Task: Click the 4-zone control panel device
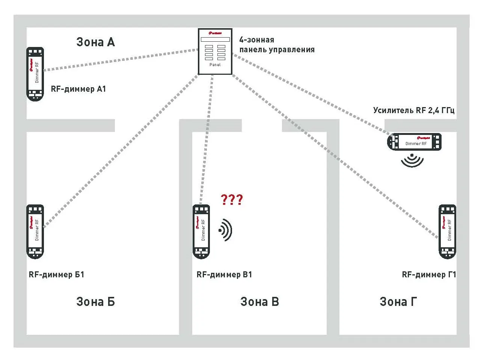[215, 51]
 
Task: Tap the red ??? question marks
[232, 199]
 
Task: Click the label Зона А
[95, 42]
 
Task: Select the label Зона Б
[95, 301]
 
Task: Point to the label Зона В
[259, 301]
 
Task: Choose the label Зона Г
[398, 301]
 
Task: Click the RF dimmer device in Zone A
[35, 74]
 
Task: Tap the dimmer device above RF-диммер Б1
[35, 231]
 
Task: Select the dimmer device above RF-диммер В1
[201, 231]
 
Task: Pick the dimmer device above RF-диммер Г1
[447, 231]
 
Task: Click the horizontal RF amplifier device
[415, 142]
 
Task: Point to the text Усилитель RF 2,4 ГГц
[414, 110]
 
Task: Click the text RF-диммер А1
[78, 89]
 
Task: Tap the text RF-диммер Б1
[57, 274]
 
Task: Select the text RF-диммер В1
[224, 274]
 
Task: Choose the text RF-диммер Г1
[429, 274]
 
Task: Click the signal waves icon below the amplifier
[412, 160]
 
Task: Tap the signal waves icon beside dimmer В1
[226, 230]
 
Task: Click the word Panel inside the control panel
[215, 65]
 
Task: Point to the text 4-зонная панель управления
[277, 45]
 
